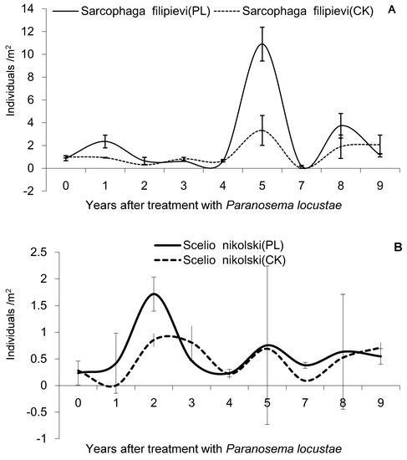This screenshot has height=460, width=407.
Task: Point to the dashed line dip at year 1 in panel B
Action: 113,386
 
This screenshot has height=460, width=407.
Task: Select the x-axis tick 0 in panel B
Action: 78,404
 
